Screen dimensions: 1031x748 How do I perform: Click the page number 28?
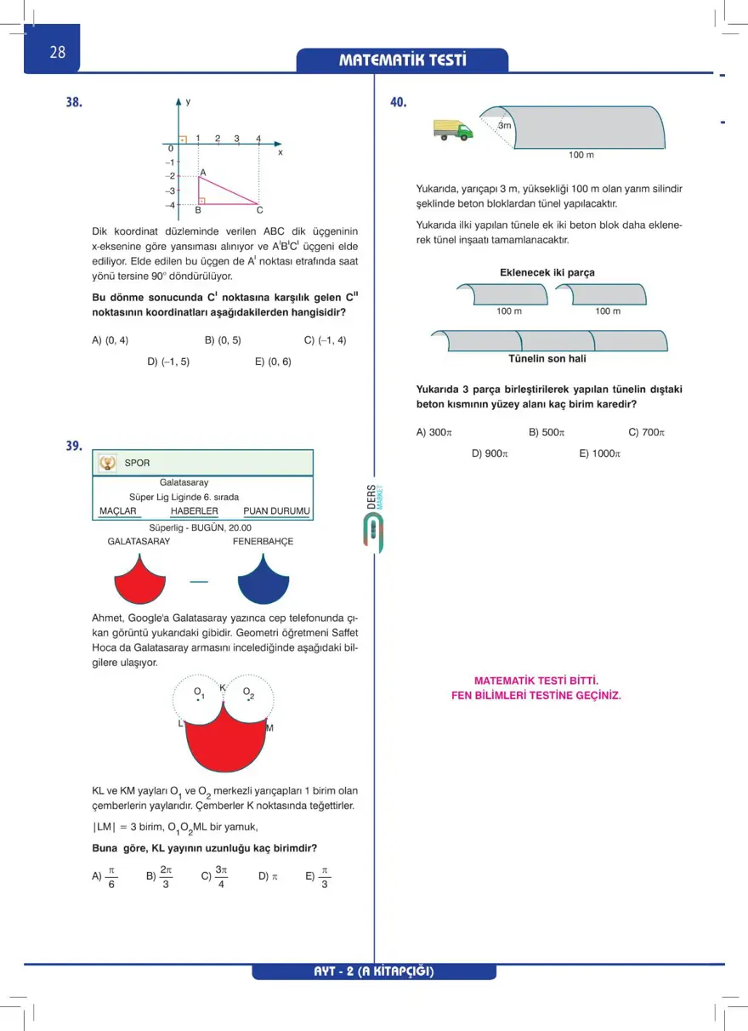(58, 52)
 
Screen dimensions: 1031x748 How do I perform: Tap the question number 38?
(75, 103)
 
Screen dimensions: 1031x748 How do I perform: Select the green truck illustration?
(452, 129)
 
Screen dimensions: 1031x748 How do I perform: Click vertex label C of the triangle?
(259, 210)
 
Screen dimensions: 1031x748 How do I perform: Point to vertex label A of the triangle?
(203, 172)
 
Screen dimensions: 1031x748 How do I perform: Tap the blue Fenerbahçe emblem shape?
(265, 579)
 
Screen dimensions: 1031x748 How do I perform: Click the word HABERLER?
(194, 511)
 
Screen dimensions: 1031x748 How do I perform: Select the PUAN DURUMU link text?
(276, 511)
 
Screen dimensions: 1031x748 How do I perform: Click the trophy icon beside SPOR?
(107, 463)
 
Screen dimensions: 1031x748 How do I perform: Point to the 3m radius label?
(505, 126)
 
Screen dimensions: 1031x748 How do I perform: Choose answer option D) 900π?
(490, 454)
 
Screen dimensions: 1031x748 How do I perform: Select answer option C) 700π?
(646, 432)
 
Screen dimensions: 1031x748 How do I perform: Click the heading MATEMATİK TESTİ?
(403, 60)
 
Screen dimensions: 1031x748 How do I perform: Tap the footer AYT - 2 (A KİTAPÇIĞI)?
(374, 971)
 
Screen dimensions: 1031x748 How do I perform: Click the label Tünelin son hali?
(547, 359)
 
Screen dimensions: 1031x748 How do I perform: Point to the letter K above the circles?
(223, 687)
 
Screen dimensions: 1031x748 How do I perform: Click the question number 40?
(399, 103)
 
